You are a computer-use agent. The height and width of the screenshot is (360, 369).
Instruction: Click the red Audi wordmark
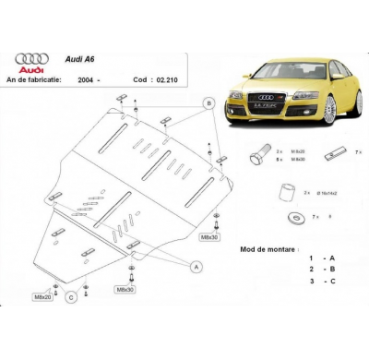click(x=29, y=69)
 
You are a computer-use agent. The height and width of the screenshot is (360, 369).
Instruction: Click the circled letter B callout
click(x=208, y=103)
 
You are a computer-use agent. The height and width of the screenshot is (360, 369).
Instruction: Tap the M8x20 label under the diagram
click(x=43, y=297)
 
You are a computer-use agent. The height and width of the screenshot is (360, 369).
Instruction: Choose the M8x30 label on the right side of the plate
click(x=209, y=237)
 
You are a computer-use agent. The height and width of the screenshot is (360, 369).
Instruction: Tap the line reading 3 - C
click(x=322, y=281)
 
